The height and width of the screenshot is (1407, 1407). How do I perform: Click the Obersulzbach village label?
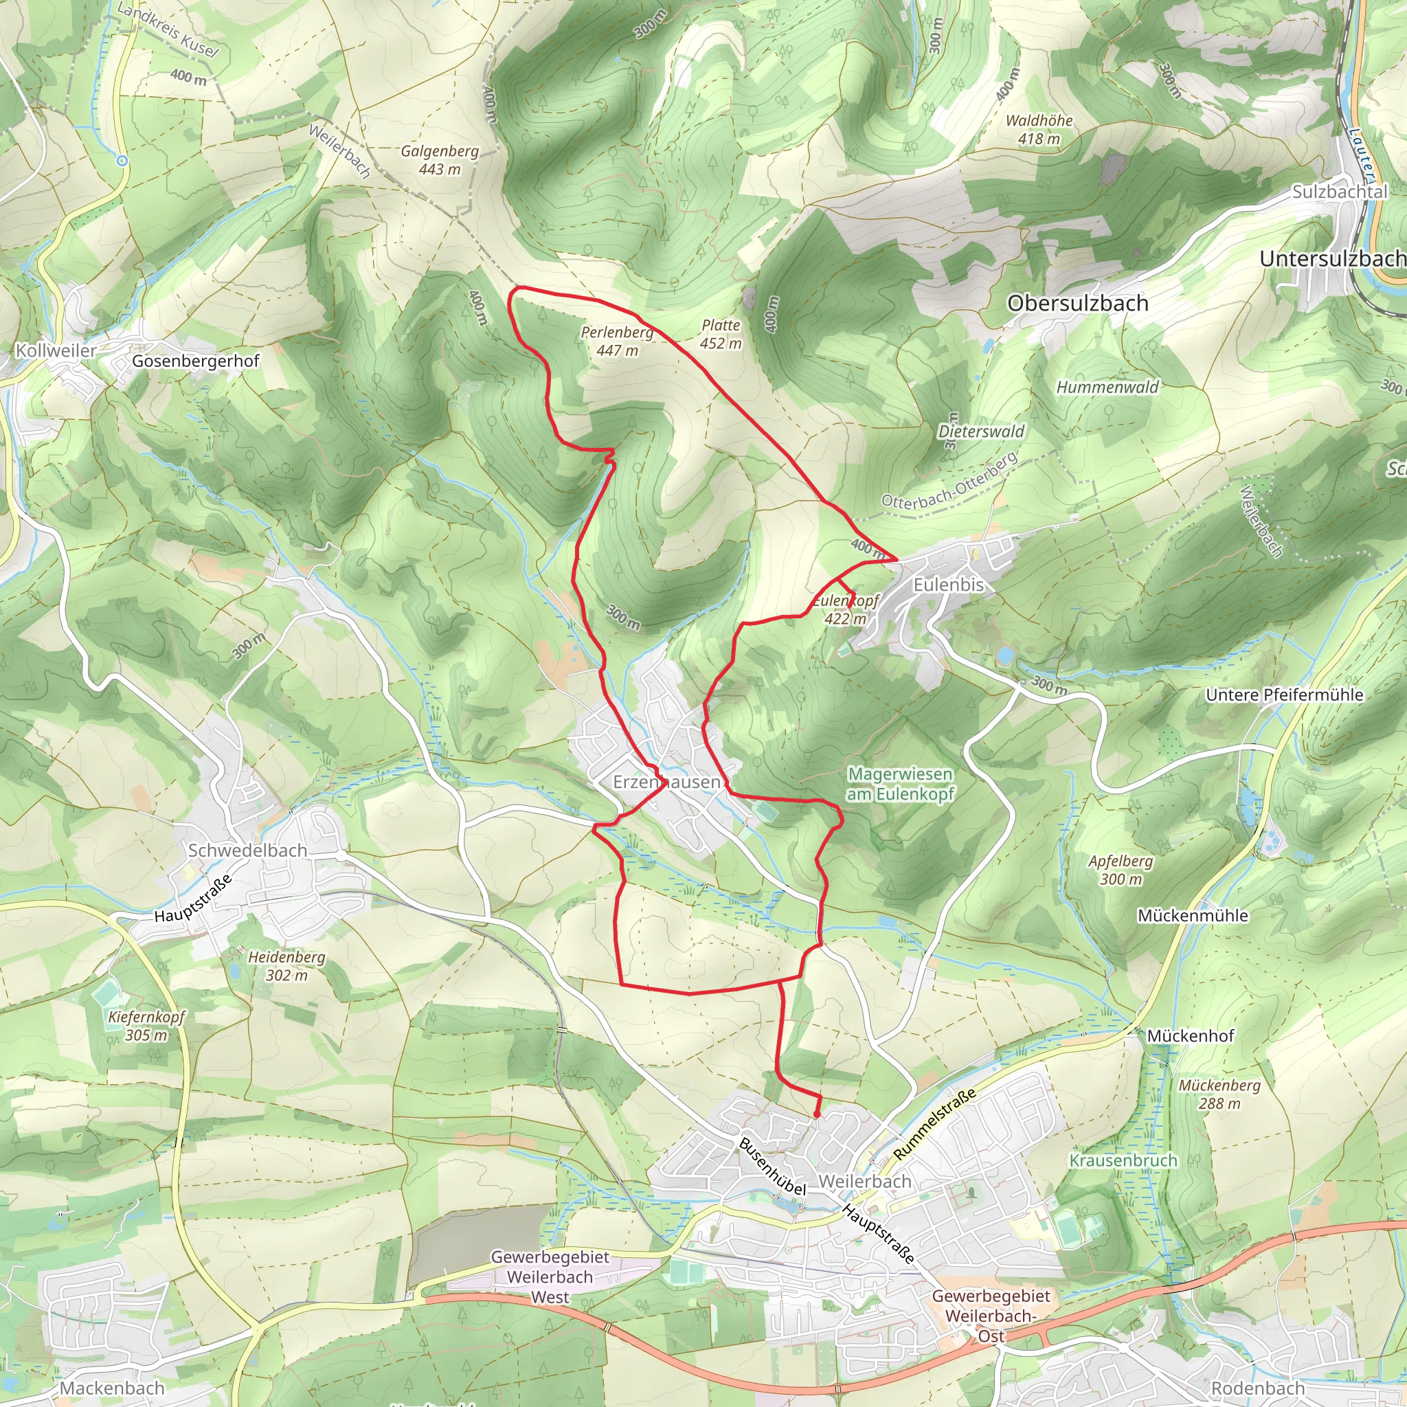coord(1077,303)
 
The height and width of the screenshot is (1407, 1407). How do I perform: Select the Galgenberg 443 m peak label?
coord(440,159)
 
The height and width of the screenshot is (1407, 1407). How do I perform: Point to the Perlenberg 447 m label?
coord(617,341)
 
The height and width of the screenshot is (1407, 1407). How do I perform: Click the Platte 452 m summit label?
coord(720,335)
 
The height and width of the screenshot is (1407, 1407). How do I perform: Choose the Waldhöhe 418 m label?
coord(1039,129)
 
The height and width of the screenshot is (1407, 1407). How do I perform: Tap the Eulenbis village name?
coord(948,585)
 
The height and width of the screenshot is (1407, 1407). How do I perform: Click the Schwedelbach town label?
coord(247,850)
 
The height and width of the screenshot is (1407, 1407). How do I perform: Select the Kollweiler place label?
coord(56,350)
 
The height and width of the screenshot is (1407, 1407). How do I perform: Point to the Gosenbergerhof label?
coord(195,361)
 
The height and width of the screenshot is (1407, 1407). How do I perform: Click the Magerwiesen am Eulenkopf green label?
coord(900,784)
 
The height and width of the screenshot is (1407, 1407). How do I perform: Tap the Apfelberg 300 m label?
coord(1121,870)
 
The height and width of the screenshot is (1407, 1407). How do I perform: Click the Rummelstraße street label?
coord(934,1125)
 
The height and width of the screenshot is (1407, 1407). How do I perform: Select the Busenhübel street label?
coord(772,1166)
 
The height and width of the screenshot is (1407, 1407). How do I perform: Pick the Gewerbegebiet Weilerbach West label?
coord(550,1276)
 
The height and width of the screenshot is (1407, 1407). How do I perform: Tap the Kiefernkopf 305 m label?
coord(146,1026)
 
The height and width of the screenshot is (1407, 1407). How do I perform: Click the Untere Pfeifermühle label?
coord(1285,695)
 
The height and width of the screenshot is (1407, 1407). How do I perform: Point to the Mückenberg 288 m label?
coord(1219,1094)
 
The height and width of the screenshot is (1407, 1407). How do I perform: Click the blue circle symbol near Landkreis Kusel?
coord(122,160)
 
